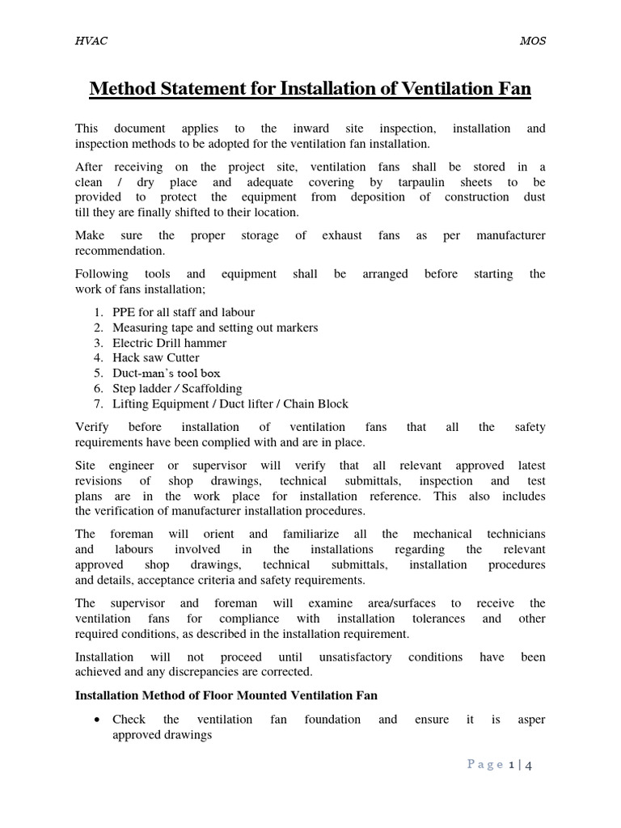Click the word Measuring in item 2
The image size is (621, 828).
[x=139, y=327]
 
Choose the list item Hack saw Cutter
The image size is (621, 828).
[x=155, y=357]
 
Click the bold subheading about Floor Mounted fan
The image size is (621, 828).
[x=226, y=695]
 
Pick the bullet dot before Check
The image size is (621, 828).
[x=97, y=720]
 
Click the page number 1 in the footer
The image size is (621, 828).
[x=511, y=765]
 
